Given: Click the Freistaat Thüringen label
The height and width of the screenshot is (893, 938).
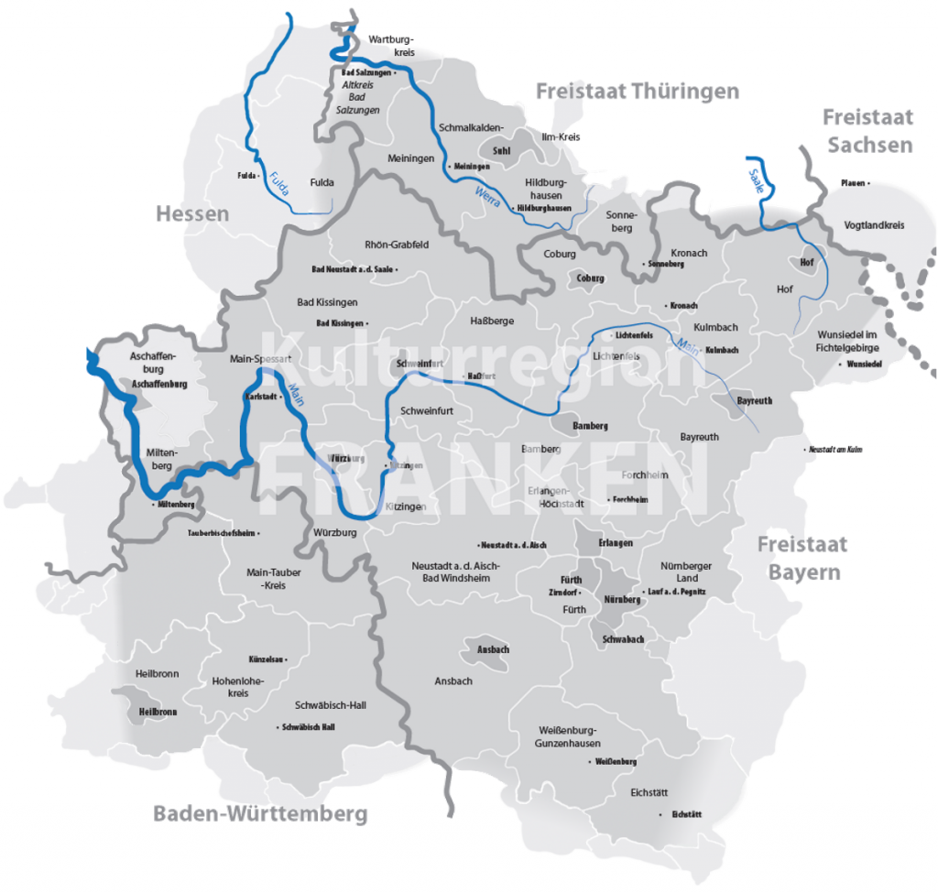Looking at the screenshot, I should coord(637,92).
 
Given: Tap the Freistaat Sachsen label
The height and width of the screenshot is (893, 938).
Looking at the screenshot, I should coord(867,131).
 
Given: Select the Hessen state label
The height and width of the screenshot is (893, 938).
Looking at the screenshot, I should coord(191,214).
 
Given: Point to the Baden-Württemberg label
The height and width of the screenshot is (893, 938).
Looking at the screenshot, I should coord(260,813).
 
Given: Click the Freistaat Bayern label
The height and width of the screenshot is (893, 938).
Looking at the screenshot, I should coord(802,559).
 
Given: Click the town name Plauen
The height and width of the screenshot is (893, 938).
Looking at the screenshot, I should coord(853,183).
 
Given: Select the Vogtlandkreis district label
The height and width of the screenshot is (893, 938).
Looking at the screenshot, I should coord(874,224).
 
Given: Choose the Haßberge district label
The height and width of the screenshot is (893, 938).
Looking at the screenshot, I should coord(492,321).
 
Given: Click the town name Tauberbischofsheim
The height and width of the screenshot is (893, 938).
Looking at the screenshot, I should coord(224,532).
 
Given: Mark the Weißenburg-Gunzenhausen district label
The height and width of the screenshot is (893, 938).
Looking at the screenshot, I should coord(567,736).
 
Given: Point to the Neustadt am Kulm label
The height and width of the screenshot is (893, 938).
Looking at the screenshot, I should coord(834,450).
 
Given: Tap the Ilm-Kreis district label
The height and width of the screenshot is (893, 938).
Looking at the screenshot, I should coord(562,136).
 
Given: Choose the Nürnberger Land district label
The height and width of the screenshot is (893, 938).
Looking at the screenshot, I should coord(686,572).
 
